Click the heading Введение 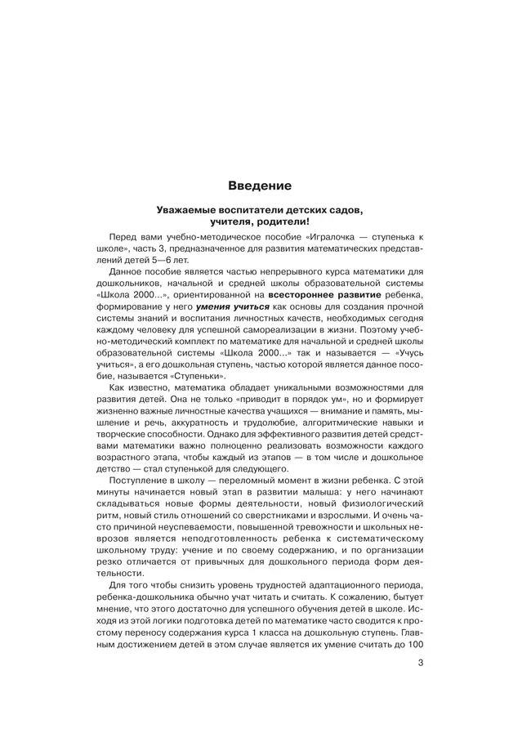pyautogui.click(x=265, y=186)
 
